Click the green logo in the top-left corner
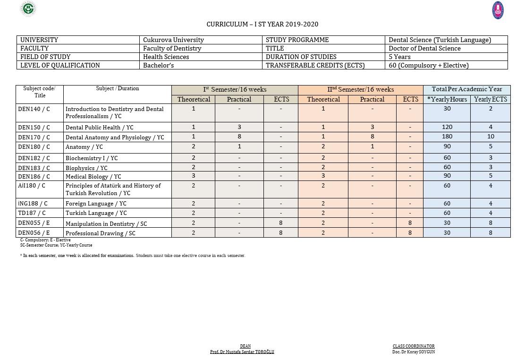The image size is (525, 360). click(28, 9)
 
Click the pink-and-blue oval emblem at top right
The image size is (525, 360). click(498, 10)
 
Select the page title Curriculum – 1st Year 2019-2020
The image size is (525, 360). click(262, 24)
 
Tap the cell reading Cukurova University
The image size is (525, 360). click(173, 40)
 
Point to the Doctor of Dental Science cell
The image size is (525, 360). click(424, 49)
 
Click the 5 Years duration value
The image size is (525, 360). click(399, 57)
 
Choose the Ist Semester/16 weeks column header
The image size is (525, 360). click(235, 90)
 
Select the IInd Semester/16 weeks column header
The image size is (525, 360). click(360, 90)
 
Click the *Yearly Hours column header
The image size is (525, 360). click(447, 100)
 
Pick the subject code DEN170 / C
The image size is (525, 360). click(34, 137)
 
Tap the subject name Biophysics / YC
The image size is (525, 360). click(86, 168)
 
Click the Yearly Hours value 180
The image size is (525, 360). click(447, 137)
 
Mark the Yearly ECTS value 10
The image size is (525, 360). click(491, 137)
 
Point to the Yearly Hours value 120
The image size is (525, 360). click(447, 127)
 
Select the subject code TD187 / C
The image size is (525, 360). click(32, 213)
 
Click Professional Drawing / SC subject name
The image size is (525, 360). click(101, 233)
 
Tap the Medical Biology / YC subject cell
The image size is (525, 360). click(93, 177)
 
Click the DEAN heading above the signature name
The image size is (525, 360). click(245, 346)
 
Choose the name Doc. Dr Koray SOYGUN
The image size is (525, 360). click(413, 352)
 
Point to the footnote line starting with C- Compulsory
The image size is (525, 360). click(45, 240)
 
